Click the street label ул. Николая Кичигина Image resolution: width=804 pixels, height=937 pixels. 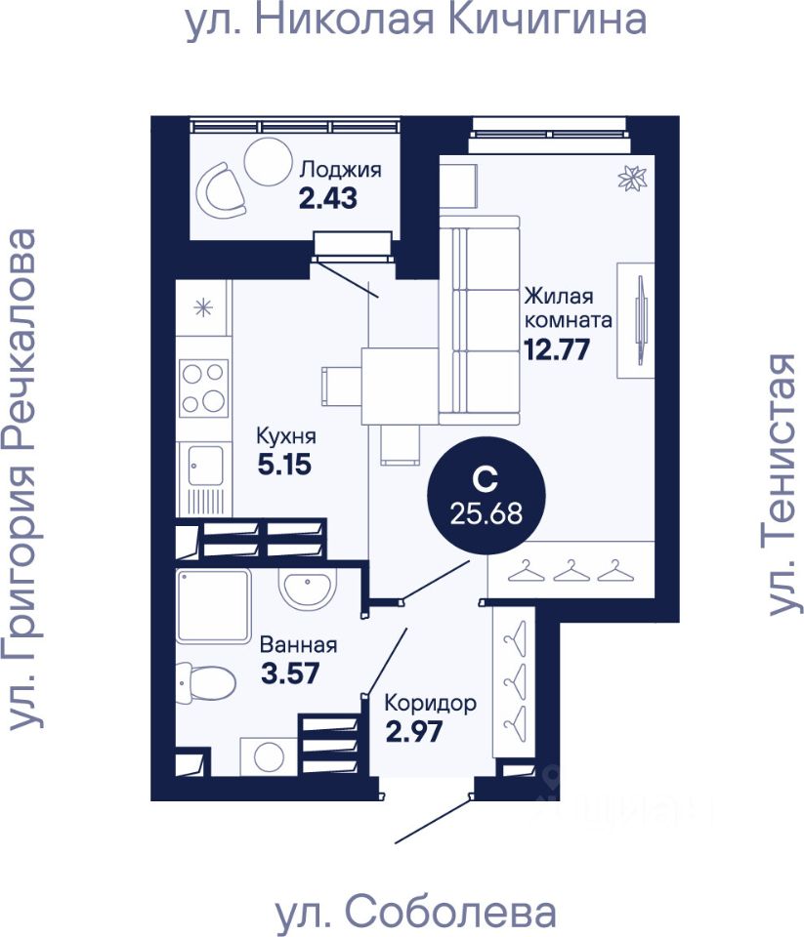point(416,20)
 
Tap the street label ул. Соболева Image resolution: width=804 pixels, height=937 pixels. point(416,913)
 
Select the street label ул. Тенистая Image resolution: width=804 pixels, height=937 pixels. point(783,484)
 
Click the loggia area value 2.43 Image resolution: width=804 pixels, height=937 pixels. point(327,198)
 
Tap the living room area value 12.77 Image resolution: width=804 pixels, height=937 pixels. point(557,347)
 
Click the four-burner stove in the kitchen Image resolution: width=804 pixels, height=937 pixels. point(204,388)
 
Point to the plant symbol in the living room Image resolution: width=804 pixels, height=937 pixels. point(633,179)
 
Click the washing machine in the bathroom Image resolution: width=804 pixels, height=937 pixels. point(266,754)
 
